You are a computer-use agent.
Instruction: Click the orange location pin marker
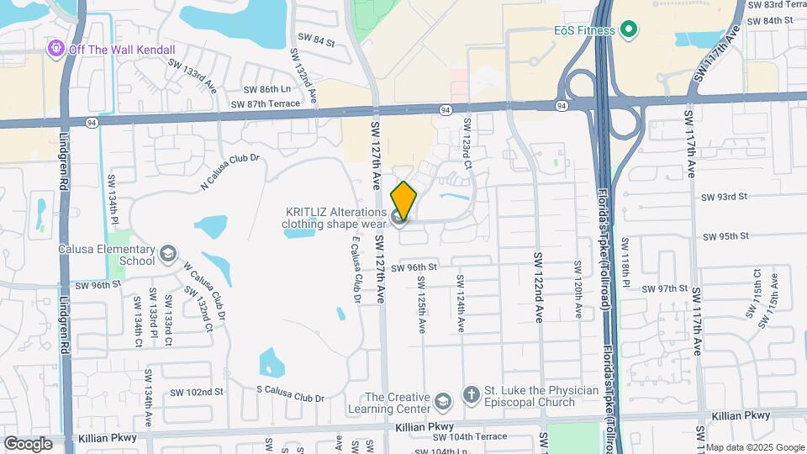[x=404, y=200]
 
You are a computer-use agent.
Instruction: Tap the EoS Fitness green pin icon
[x=628, y=31]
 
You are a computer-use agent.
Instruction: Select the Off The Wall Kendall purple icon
[x=56, y=48]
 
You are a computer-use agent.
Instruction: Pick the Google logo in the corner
[x=28, y=443]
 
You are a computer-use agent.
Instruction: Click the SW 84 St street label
[x=316, y=39]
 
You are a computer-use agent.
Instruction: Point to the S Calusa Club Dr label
[x=290, y=398]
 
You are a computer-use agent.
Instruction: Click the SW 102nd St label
[x=197, y=392]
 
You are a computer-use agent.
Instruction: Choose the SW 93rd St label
[x=724, y=197]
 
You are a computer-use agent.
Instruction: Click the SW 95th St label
[x=726, y=236]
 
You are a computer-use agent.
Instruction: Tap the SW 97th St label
[x=665, y=288]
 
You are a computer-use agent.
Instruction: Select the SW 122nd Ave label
[x=539, y=287]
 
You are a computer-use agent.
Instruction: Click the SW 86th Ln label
[x=266, y=89]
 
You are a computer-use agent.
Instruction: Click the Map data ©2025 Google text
[x=754, y=447]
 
